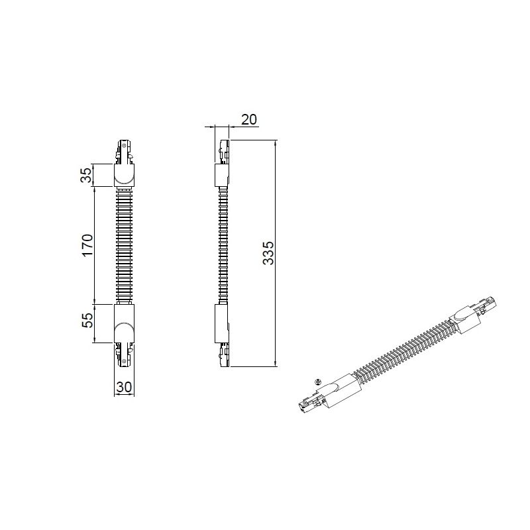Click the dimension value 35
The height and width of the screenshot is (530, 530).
click(87, 175)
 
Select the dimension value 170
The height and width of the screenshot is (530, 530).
click(87, 245)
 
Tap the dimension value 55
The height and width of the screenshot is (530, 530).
click(87, 321)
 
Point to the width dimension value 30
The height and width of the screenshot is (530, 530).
click(124, 387)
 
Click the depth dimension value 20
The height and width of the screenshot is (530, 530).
click(249, 119)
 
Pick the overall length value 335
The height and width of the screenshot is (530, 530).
click(269, 253)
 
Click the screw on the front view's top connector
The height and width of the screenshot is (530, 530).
click(125, 146)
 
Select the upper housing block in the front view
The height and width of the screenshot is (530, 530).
click(124, 175)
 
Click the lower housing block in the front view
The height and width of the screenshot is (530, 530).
click(124, 323)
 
